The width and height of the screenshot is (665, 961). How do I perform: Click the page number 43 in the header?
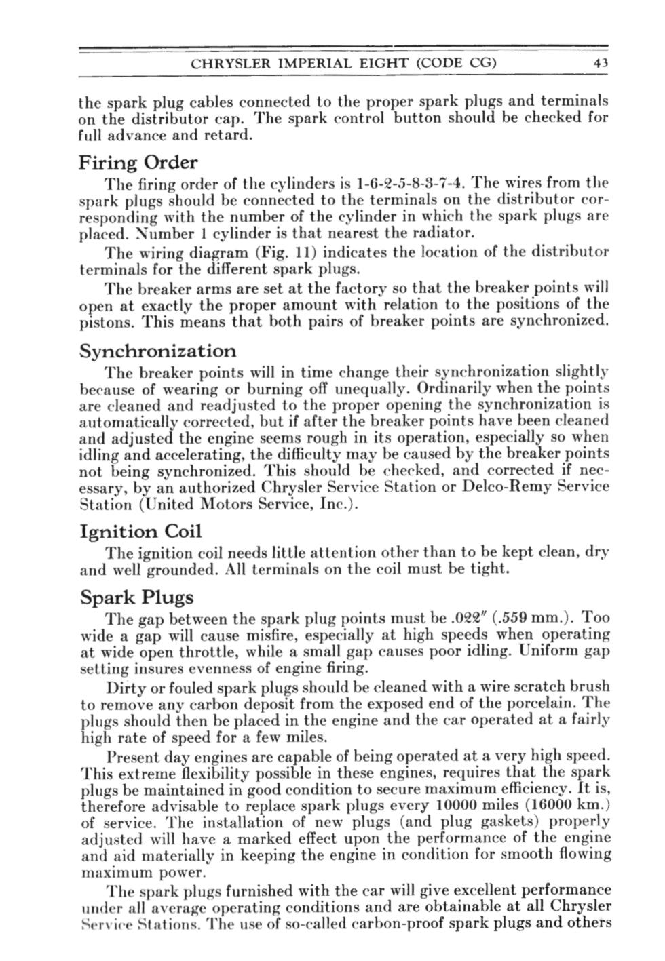pyautogui.click(x=600, y=64)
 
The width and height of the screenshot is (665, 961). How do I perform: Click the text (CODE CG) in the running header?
pyautogui.click(x=457, y=64)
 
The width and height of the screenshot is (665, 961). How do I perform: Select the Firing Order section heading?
pyautogui.click(x=138, y=163)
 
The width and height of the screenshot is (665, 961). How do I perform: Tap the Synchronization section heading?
pyautogui.click(x=158, y=351)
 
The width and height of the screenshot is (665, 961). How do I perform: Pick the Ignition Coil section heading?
pyautogui.click(x=140, y=532)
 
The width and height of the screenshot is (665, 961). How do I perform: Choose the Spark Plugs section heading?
pyautogui.click(x=136, y=597)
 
